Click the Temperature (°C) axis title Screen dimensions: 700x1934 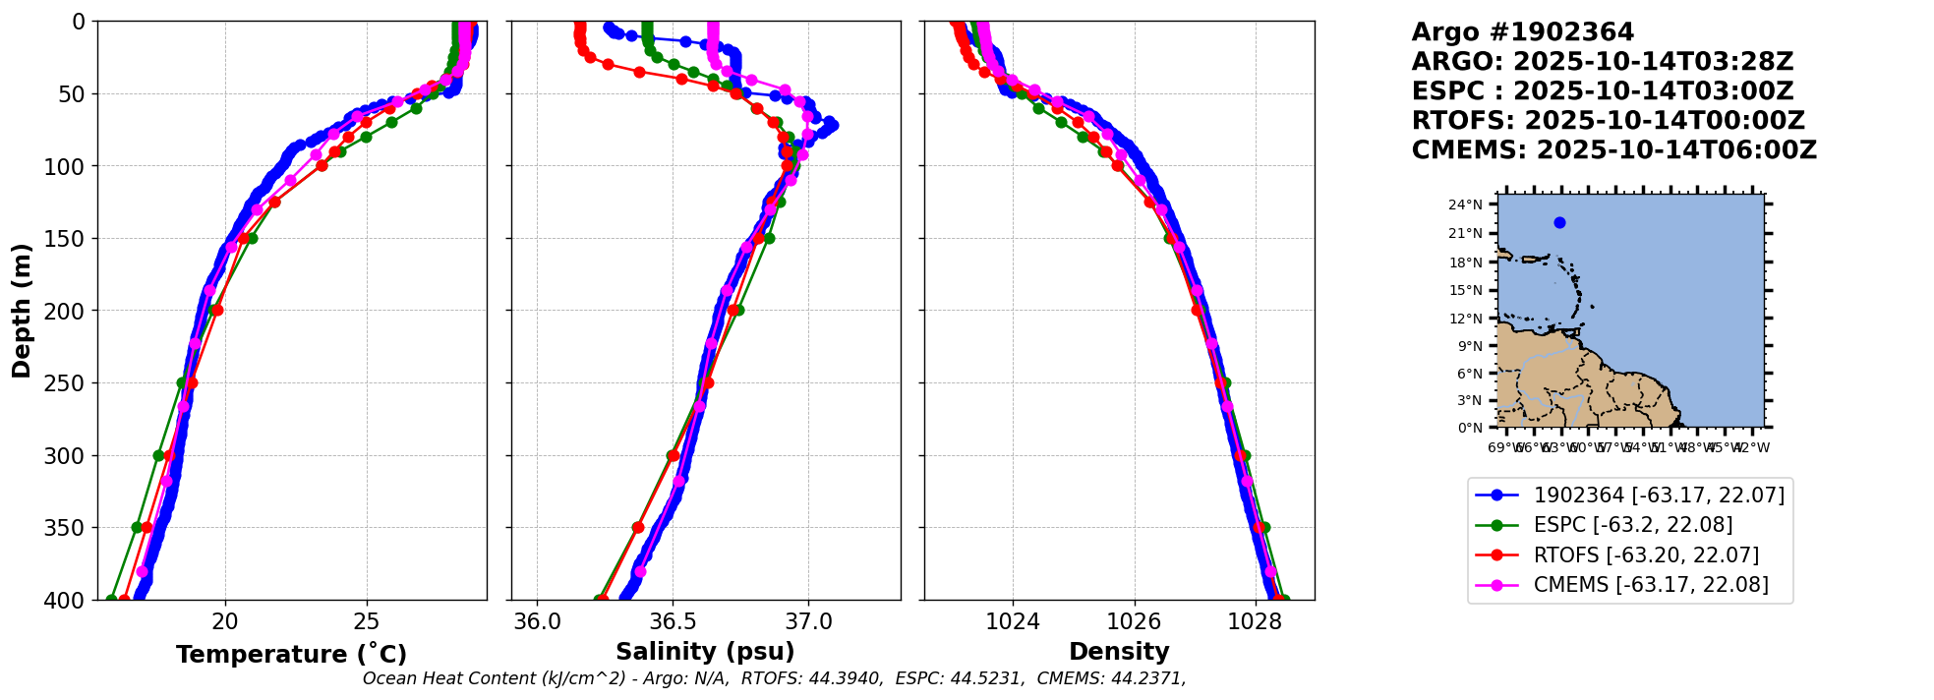coord(291,655)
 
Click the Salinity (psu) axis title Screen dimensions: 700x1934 coord(705,652)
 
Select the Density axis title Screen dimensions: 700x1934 coord(1119,652)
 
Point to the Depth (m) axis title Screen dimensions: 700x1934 coord(22,310)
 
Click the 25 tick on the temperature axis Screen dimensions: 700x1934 coord(367,622)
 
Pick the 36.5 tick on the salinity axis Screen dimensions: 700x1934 coord(673,622)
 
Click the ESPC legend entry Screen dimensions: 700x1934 coord(1632,525)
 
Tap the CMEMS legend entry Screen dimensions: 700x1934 coord(1651,585)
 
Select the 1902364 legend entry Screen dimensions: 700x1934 coord(1659,496)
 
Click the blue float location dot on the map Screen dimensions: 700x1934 coord(1559,223)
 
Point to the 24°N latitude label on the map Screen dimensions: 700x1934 coord(1465,205)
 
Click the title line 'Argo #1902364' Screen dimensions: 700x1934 coord(1522,32)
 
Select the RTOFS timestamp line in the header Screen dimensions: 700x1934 coord(1608,121)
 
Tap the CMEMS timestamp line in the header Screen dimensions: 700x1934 coord(1613,150)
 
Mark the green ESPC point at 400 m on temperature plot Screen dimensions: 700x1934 coord(111,600)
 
